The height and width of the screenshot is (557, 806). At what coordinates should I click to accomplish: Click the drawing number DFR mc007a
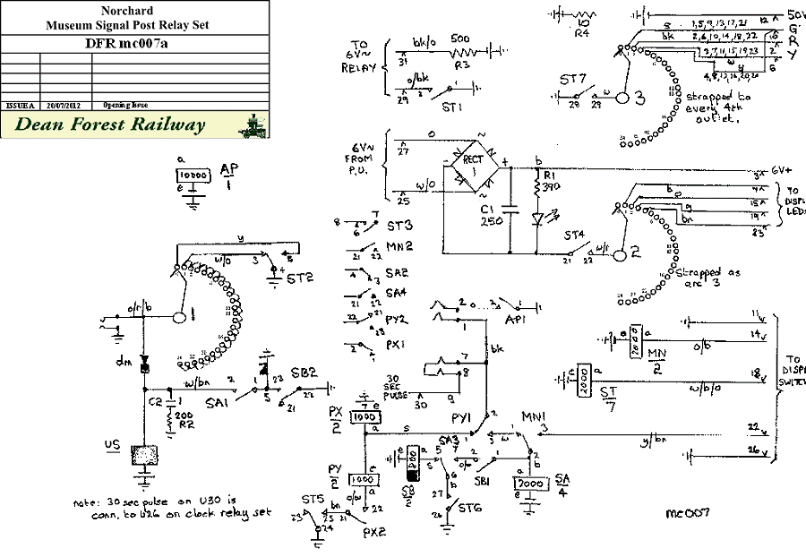[x=133, y=42]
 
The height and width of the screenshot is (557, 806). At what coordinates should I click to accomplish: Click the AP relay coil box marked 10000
[x=194, y=176]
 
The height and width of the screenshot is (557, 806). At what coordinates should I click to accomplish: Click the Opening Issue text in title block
[x=126, y=105]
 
